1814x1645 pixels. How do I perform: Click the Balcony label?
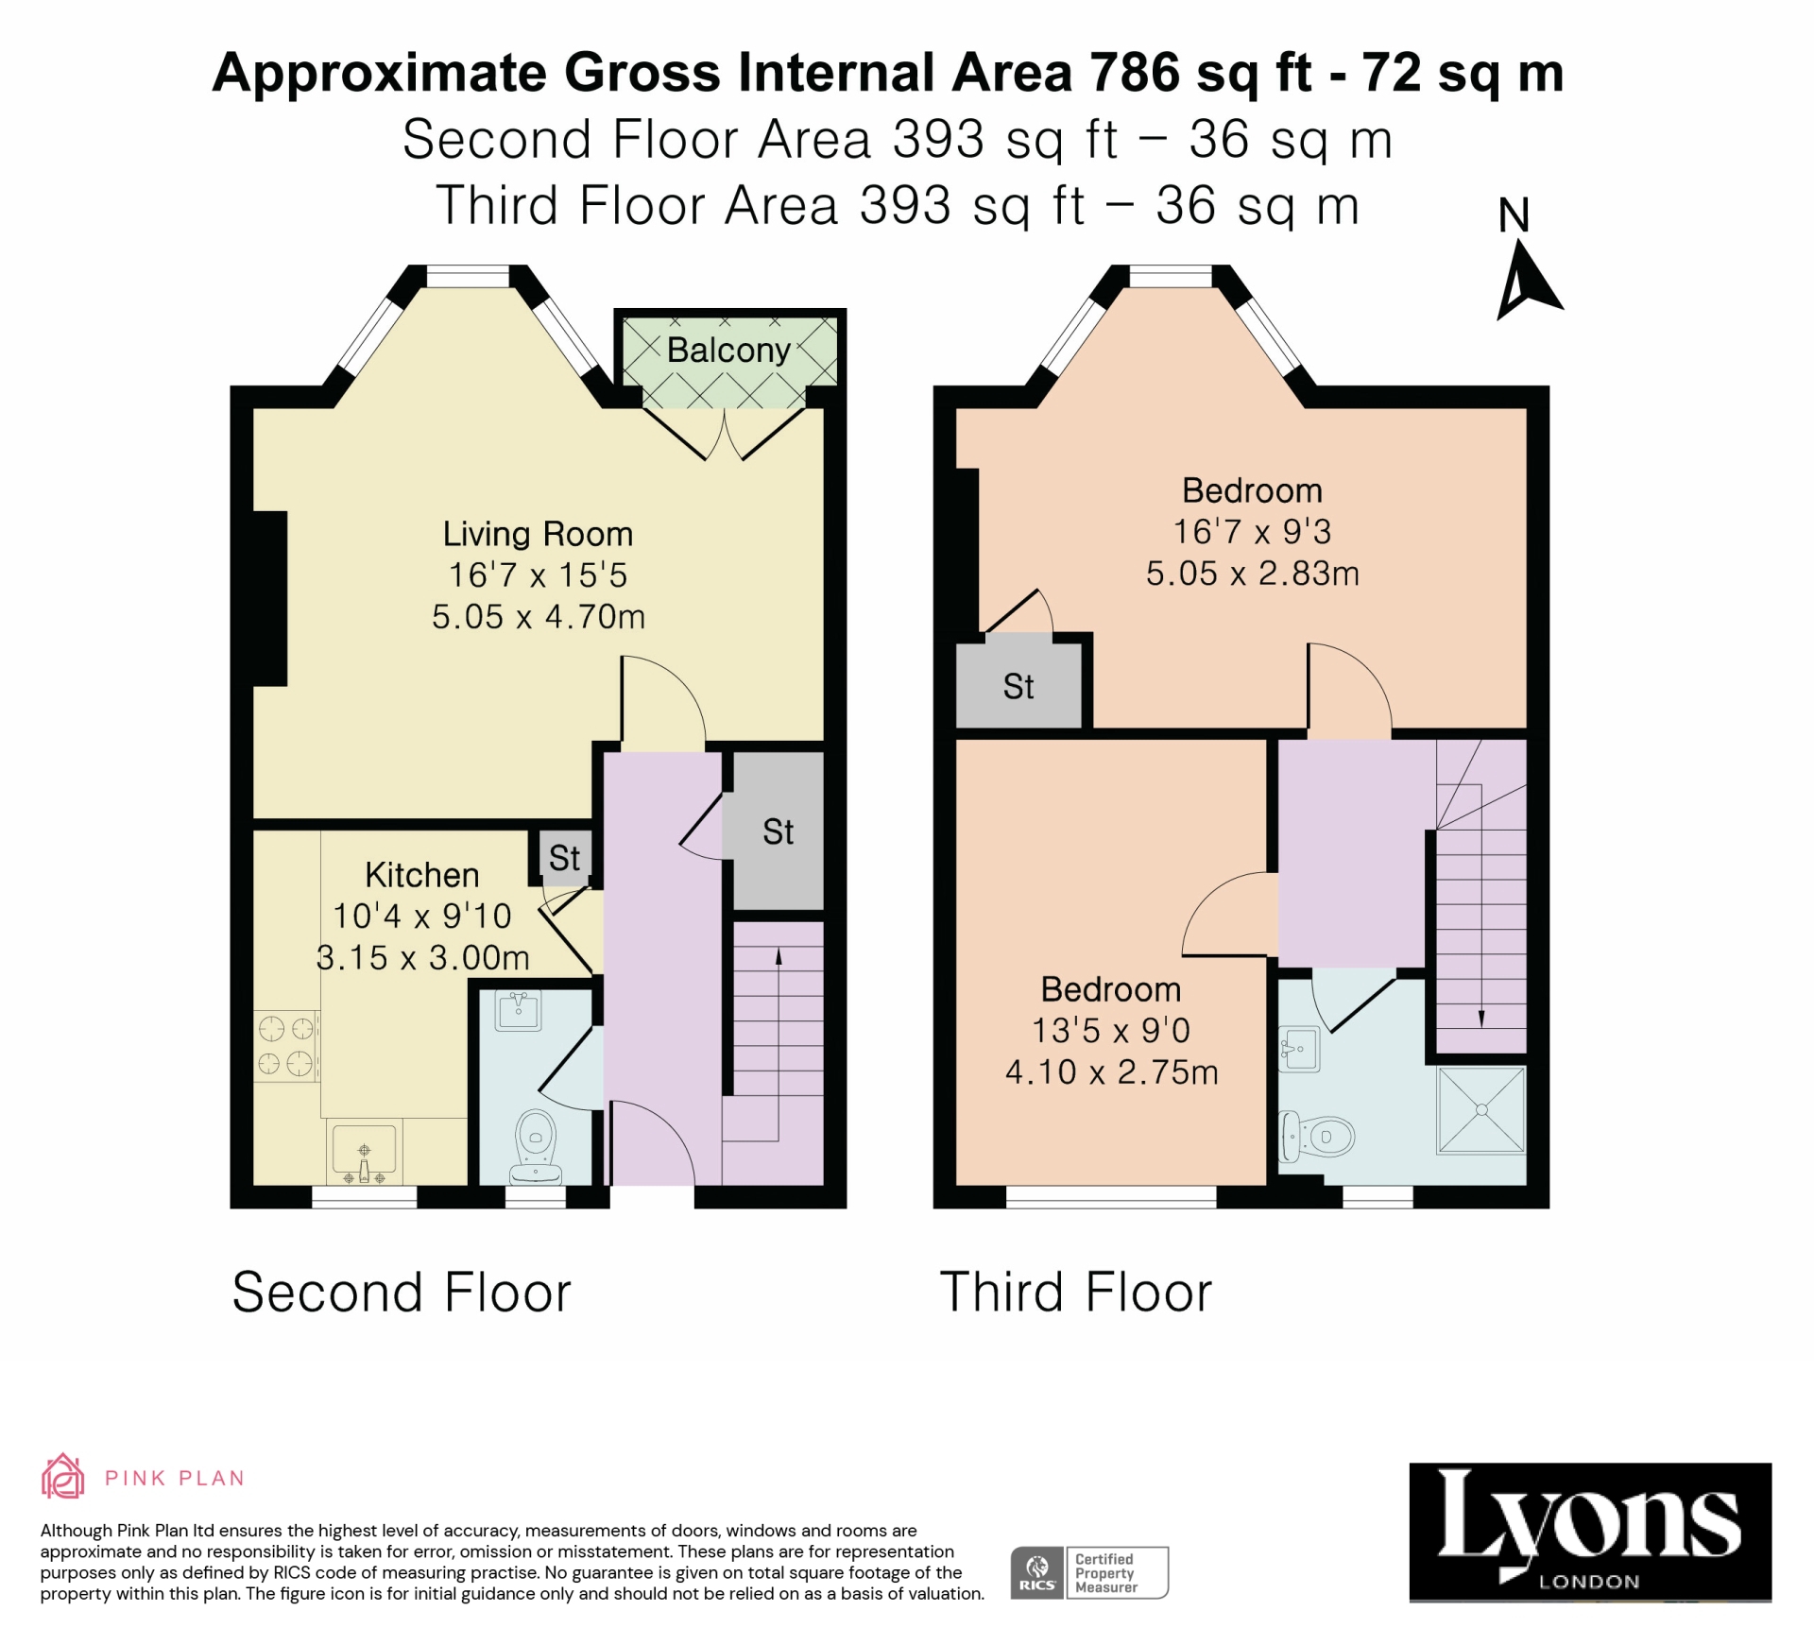click(x=728, y=351)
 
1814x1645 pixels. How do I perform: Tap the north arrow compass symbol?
click(x=1525, y=280)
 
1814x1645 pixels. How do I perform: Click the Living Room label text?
click(x=538, y=534)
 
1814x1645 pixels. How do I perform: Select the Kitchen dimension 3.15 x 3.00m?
click(x=422, y=958)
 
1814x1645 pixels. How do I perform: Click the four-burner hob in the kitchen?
click(x=286, y=1046)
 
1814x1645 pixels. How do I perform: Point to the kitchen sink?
click(x=365, y=1152)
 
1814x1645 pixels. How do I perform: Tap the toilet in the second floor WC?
click(x=536, y=1142)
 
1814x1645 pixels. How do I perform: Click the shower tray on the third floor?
click(x=1480, y=1110)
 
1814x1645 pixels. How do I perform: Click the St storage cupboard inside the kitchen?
click(x=564, y=858)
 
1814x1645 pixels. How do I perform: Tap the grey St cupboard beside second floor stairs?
click(x=778, y=831)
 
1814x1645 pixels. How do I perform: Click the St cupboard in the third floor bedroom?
click(x=1018, y=686)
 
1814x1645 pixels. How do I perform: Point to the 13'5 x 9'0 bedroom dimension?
click(x=1110, y=1031)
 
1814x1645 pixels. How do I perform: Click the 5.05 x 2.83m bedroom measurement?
click(x=1252, y=574)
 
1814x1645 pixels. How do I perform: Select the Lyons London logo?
click(x=1589, y=1533)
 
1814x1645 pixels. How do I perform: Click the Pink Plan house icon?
click(x=62, y=1476)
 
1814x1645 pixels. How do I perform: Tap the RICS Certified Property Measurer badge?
click(x=1089, y=1573)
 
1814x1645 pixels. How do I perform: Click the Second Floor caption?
click(x=402, y=1293)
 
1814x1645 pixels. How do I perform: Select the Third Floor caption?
click(x=1075, y=1293)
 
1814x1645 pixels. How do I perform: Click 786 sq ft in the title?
click(x=1200, y=73)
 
